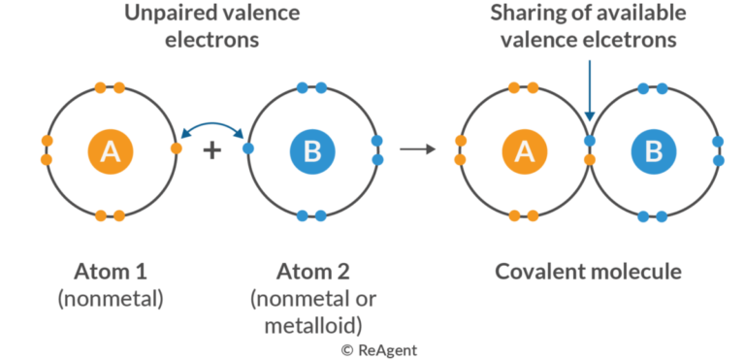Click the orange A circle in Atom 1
pos(111,150)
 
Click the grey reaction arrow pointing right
pos(418,149)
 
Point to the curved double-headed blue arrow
pos(212,129)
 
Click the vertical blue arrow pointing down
pos(589,92)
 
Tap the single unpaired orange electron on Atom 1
pos(175,149)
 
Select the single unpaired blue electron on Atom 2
pos(248,149)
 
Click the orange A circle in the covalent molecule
pos(524,150)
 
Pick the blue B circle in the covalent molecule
pos(653,150)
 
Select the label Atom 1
pos(111,270)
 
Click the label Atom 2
pos(312,270)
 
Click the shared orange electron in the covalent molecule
pos(589,159)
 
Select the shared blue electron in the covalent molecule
pos(589,142)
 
